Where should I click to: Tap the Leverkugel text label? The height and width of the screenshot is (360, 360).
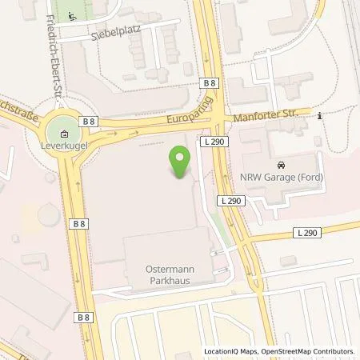tap(62, 147)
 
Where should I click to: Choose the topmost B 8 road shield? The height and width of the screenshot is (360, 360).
tap(210, 83)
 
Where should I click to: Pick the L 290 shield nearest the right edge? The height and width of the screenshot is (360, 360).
tap(308, 232)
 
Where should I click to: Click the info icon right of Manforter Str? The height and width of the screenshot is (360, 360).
tap(319, 116)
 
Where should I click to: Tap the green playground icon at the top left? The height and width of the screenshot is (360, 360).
tap(73, 15)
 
